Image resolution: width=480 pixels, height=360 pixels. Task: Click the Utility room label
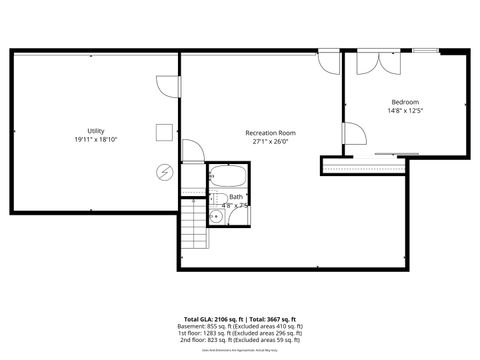[x=96, y=131]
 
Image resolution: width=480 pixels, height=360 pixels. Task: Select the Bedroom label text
[x=405, y=102]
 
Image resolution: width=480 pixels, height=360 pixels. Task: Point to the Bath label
[x=236, y=197]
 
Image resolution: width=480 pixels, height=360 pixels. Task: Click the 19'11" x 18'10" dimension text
[x=96, y=140]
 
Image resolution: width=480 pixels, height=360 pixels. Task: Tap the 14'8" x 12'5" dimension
[x=405, y=111]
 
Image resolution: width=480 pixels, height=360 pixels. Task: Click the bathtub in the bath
[x=227, y=180]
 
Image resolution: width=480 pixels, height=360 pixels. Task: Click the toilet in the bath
[x=214, y=200]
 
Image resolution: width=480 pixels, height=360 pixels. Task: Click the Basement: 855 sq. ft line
[x=239, y=326]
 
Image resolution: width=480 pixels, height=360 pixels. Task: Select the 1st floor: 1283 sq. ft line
[x=239, y=334]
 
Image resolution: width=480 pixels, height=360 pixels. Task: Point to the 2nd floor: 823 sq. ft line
[x=239, y=342]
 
